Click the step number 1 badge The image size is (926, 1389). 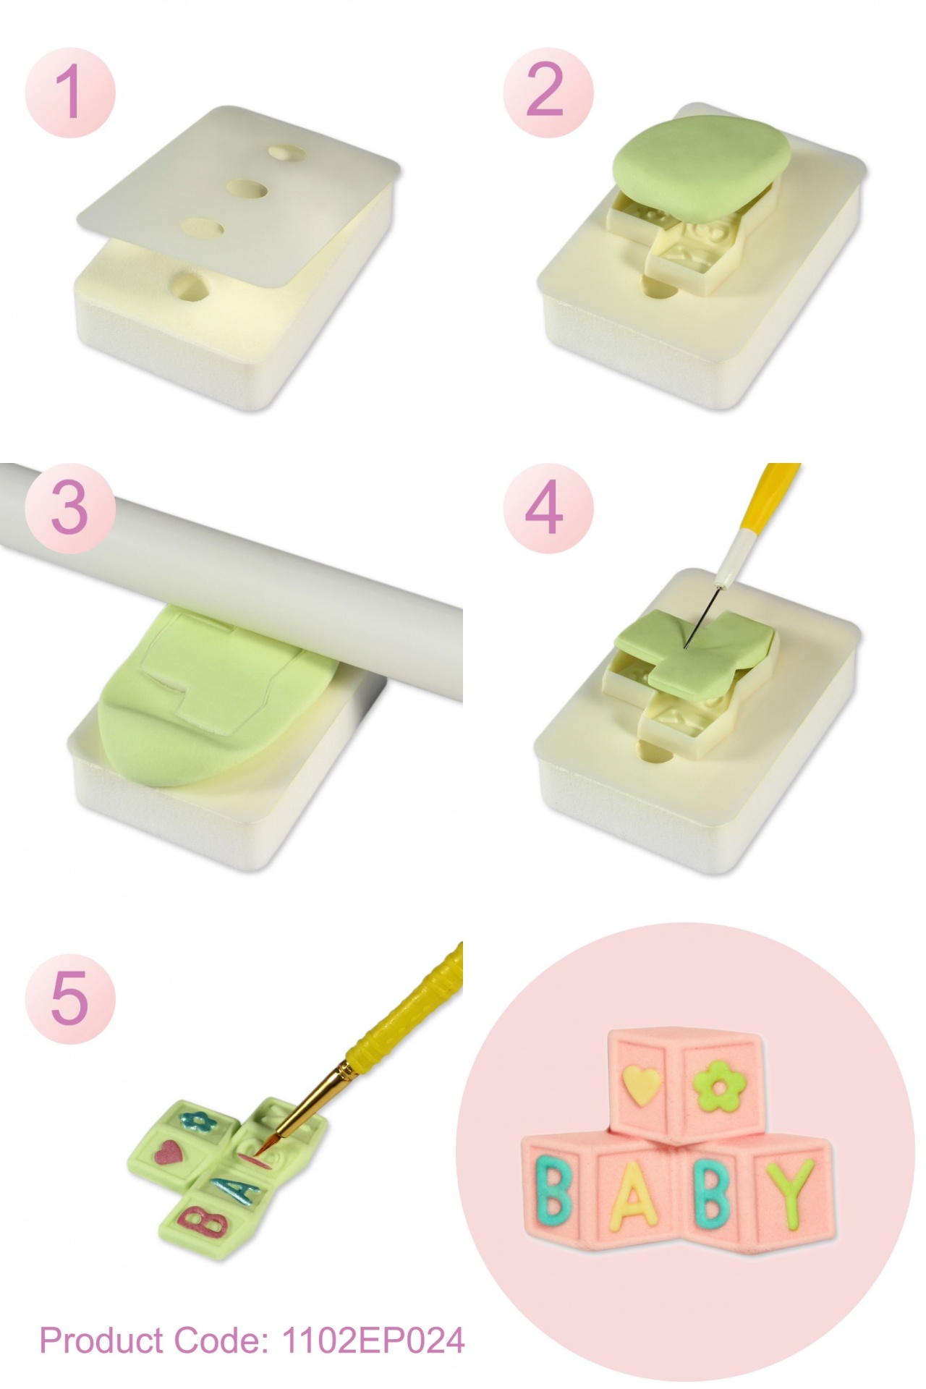tap(70, 92)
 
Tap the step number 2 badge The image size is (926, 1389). tap(548, 92)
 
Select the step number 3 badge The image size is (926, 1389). tap(70, 507)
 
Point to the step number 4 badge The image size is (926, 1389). tap(548, 507)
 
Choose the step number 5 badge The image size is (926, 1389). tap(70, 998)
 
